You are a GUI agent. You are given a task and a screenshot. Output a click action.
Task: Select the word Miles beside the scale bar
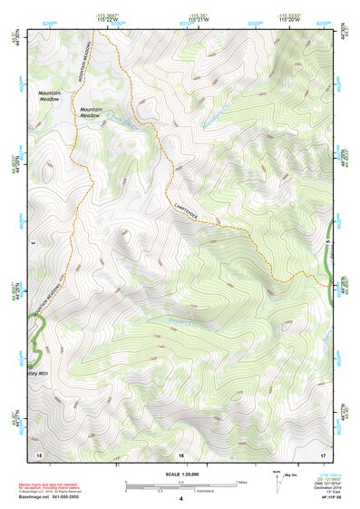[x=241, y=481]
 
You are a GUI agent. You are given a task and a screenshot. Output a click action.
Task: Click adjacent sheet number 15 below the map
[x=39, y=454]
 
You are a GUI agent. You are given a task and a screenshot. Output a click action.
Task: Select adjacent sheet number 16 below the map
[x=180, y=454]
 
